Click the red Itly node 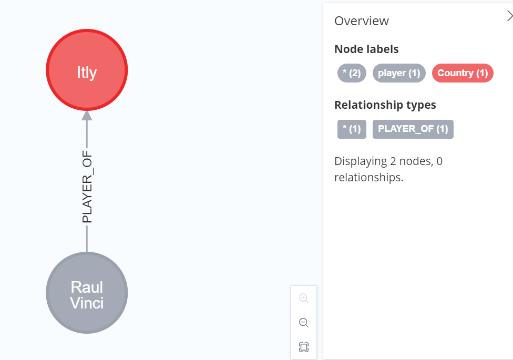click(x=87, y=70)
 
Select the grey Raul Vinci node click(x=87, y=293)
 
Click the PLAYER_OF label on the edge click(x=87, y=187)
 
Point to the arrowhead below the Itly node click(x=87, y=116)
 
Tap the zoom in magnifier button click(x=304, y=298)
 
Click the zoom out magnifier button click(x=304, y=323)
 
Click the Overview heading click(x=362, y=21)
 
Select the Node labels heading click(x=366, y=49)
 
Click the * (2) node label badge click(x=352, y=73)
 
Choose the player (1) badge click(x=399, y=73)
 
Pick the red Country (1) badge click(x=463, y=73)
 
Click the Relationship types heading click(x=385, y=105)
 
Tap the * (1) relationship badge click(x=352, y=129)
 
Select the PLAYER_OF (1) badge click(x=413, y=129)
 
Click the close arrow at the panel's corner click(x=510, y=16)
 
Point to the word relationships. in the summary click(x=369, y=178)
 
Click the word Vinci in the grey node click(x=87, y=303)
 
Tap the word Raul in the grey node click(x=87, y=287)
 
